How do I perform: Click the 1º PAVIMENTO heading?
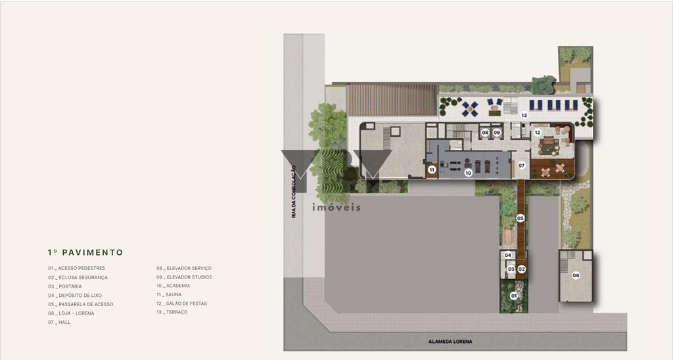(x=85, y=252)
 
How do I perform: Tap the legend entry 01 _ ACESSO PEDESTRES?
(x=76, y=268)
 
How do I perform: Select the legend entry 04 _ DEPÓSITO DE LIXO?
(x=75, y=295)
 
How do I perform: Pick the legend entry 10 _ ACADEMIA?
(x=173, y=286)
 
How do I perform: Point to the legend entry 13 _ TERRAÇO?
(x=172, y=312)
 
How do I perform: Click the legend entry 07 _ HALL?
(x=59, y=323)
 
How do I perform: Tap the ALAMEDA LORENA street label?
(x=450, y=342)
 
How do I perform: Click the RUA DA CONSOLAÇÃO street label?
(x=294, y=192)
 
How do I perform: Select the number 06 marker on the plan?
(x=576, y=275)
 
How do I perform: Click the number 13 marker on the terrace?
(x=524, y=115)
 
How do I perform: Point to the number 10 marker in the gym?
(x=468, y=173)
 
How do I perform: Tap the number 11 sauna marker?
(x=432, y=170)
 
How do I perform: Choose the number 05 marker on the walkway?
(x=521, y=218)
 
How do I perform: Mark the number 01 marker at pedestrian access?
(x=514, y=296)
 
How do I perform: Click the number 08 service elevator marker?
(x=485, y=133)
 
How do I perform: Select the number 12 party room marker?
(x=538, y=133)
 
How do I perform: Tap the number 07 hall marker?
(x=521, y=165)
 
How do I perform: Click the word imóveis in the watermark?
(x=336, y=208)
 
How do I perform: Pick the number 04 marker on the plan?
(x=508, y=255)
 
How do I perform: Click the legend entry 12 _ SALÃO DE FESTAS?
(x=181, y=304)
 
